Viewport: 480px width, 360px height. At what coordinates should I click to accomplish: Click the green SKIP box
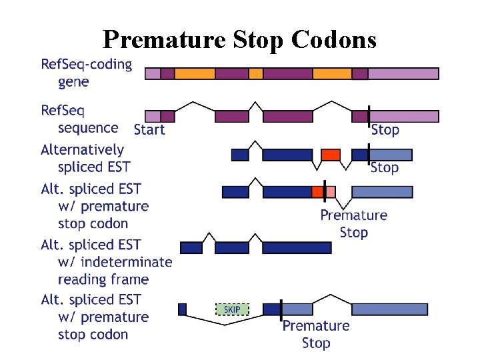pos(232,309)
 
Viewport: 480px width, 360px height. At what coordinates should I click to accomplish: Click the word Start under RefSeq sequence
pos(149,129)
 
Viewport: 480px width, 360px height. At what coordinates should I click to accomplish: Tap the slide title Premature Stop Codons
pos(239,40)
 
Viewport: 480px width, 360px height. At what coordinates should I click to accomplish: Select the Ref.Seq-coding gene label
pos(86,73)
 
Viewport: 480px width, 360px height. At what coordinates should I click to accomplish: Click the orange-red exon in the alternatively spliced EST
pos(330,155)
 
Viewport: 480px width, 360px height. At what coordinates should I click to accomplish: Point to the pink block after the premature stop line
pos(330,192)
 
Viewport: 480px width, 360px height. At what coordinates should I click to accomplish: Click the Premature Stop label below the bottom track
pos(316,334)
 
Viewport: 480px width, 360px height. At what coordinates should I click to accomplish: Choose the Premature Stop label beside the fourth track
pos(353,223)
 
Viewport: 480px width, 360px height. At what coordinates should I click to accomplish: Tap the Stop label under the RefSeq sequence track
pos(385,129)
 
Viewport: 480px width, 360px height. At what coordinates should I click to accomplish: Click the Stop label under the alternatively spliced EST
pos(385,167)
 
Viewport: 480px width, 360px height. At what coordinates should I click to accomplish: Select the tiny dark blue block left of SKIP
pos(183,309)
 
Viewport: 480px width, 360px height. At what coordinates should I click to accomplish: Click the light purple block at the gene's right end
pos(403,73)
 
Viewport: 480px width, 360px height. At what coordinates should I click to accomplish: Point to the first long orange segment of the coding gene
pos(195,73)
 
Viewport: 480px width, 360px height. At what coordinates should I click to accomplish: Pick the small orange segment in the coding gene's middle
pos(256,73)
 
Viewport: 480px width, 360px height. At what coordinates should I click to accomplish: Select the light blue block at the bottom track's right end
pos(381,309)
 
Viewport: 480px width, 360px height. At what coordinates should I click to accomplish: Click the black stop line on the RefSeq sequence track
pos(369,116)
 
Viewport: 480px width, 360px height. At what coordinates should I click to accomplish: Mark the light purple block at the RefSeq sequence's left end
pos(153,117)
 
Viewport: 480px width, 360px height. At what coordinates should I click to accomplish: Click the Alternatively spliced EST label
pos(83,159)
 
